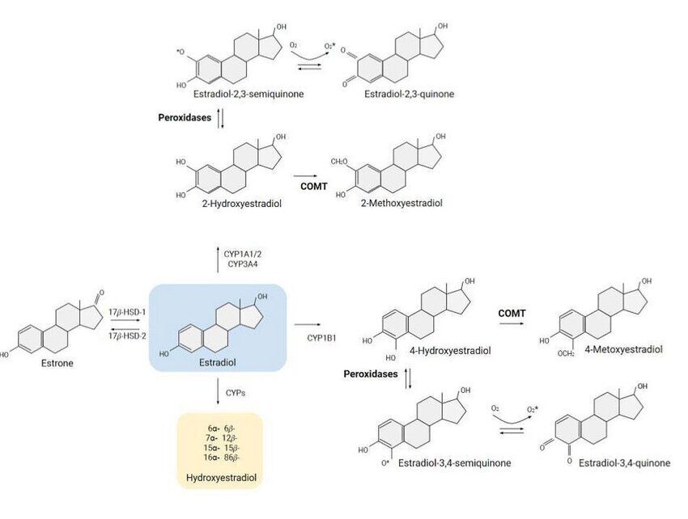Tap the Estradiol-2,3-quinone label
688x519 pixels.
[410, 95]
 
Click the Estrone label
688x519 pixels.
[57, 364]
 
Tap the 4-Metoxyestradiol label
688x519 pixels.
[624, 351]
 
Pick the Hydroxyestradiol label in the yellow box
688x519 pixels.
[220, 479]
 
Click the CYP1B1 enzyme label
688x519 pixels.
[322, 333]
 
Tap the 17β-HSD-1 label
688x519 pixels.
[126, 311]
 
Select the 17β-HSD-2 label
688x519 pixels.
[126, 335]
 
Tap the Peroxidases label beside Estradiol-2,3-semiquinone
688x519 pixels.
[185, 118]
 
